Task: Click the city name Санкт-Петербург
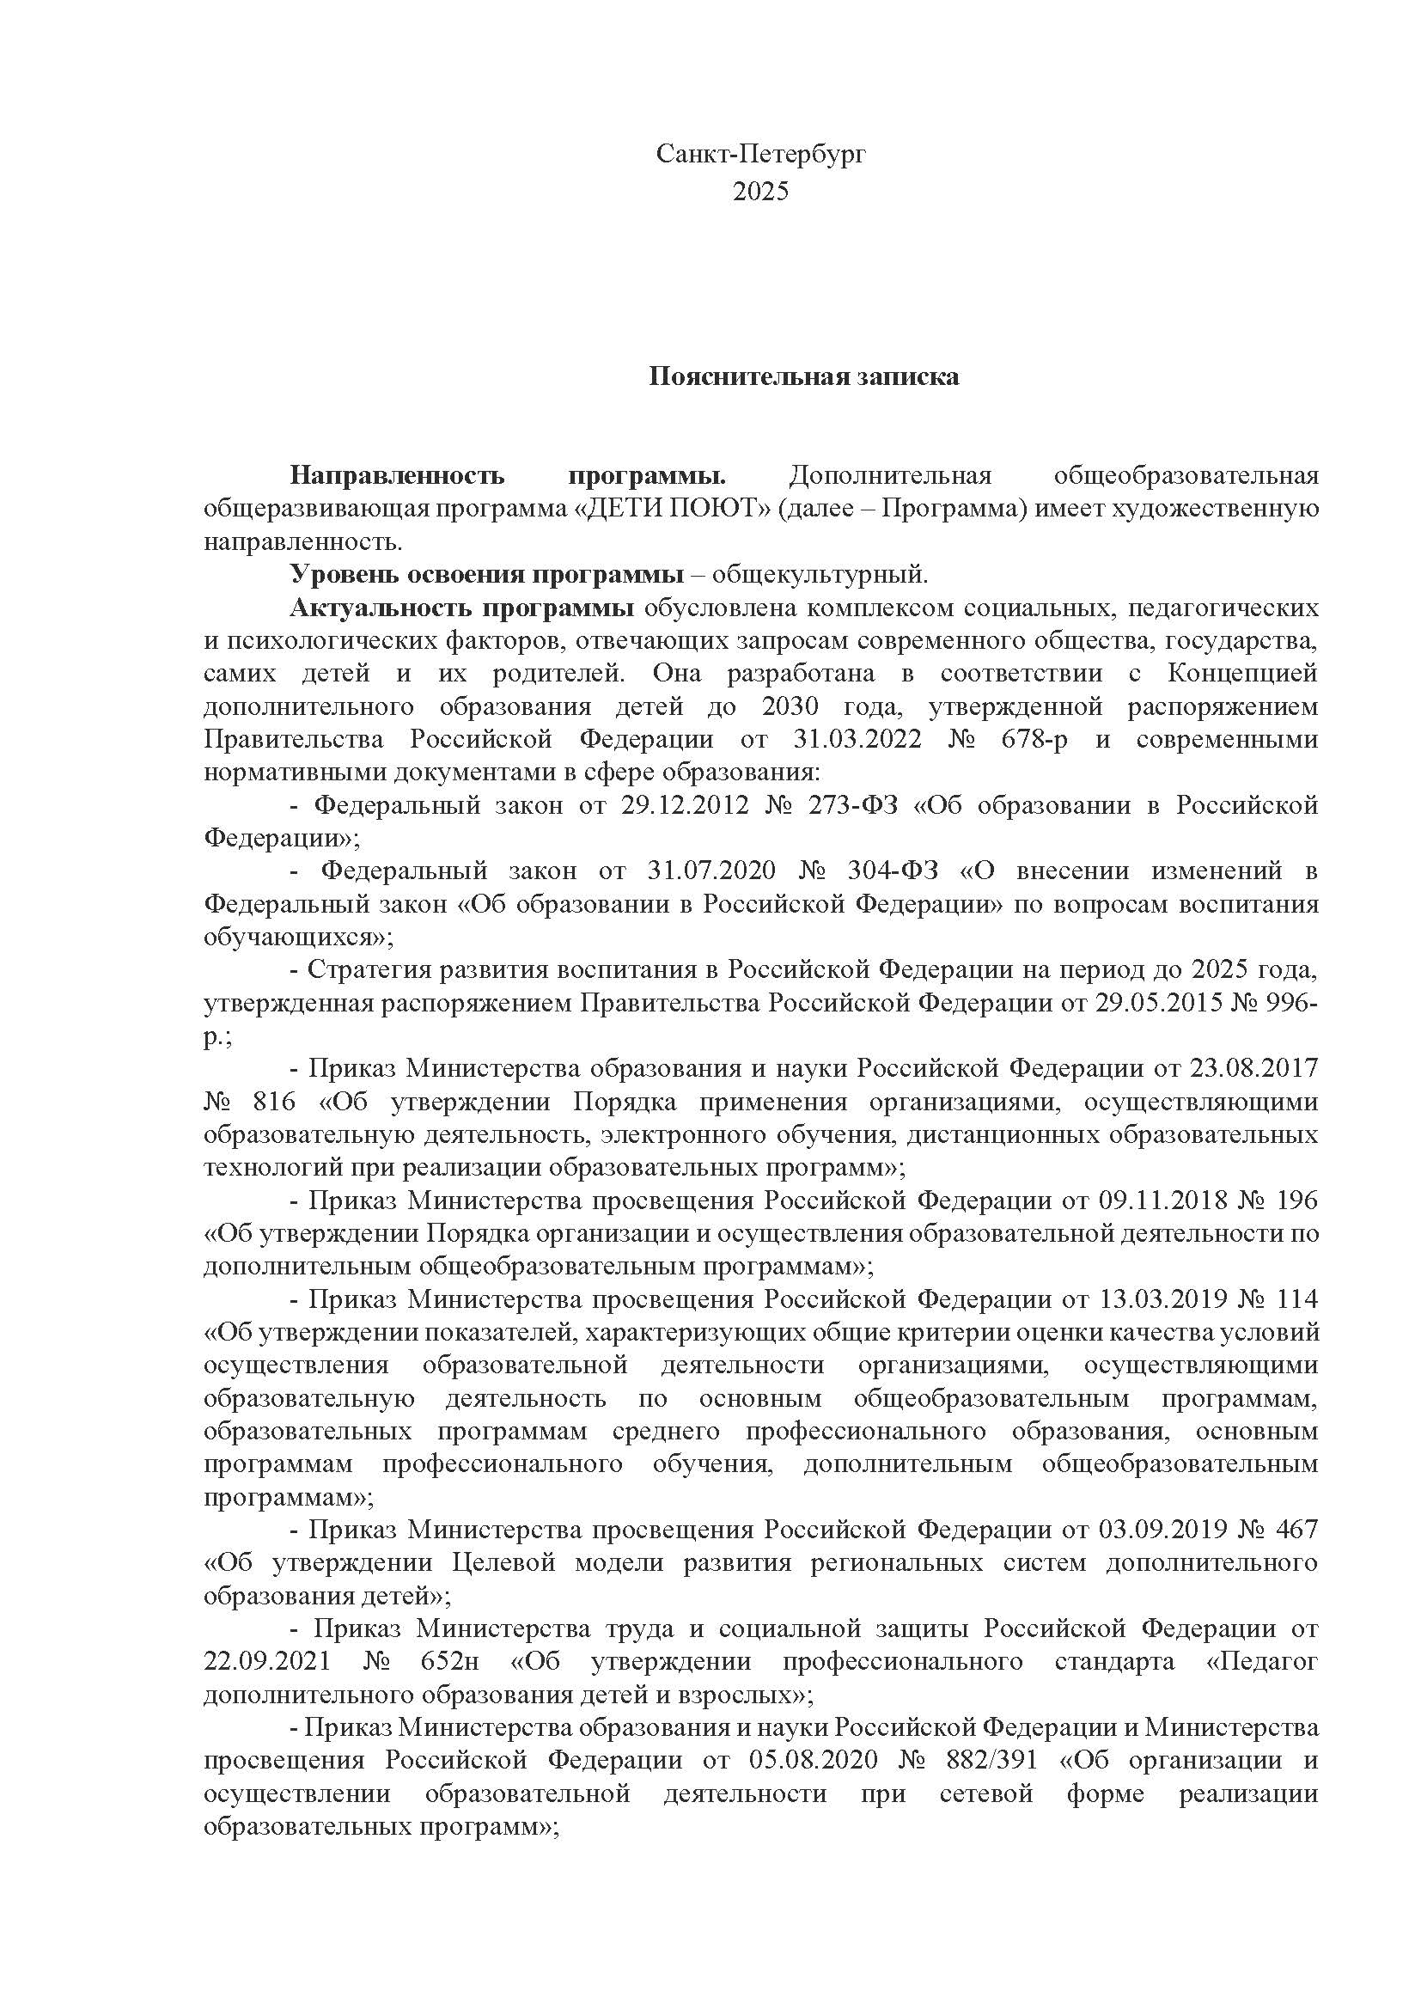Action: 760,155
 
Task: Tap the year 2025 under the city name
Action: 760,191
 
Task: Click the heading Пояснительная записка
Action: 803,376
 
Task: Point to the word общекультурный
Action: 818,574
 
